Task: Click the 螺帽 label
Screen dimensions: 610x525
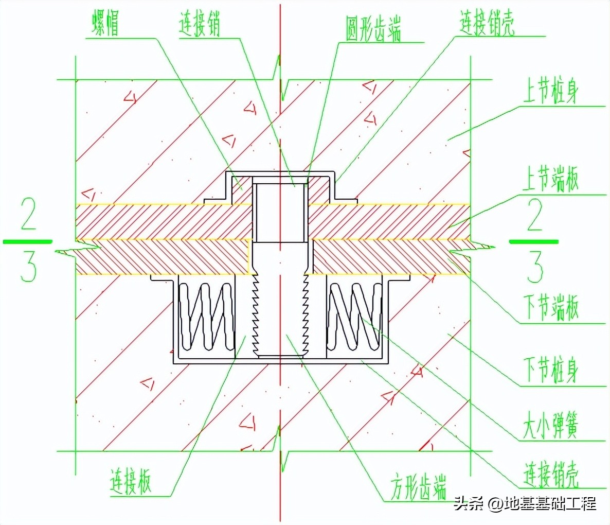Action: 105,23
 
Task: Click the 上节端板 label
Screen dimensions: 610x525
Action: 550,179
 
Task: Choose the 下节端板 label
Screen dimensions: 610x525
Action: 551,307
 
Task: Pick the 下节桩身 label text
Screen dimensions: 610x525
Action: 551,370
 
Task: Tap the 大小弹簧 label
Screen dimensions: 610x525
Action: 550,425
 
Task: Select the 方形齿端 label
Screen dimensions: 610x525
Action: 418,487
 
